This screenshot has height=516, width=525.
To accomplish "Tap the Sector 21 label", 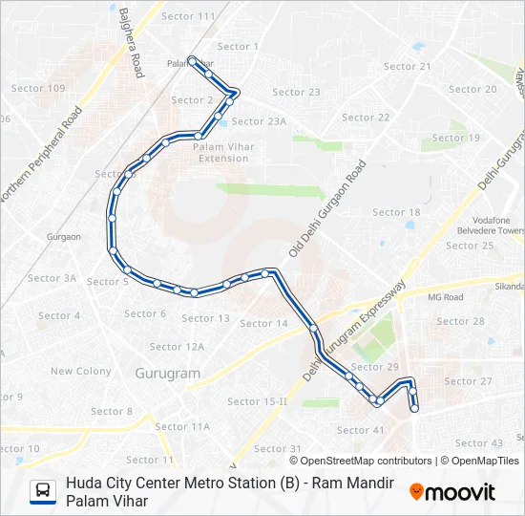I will pyautogui.click(x=407, y=67).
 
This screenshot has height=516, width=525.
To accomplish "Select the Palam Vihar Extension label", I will pyautogui.click(x=221, y=153).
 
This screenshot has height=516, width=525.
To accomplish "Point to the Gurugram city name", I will pyautogui.click(x=167, y=374).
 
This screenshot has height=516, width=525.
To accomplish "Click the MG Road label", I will pyautogui.click(x=445, y=297).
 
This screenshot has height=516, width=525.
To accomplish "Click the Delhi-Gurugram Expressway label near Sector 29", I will pyautogui.click(x=355, y=331).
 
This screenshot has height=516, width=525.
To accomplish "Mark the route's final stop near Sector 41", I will pyautogui.click(x=414, y=409).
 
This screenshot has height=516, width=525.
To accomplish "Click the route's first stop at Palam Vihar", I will pyautogui.click(x=192, y=60).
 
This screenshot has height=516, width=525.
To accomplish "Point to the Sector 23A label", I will pyautogui.click(x=259, y=121).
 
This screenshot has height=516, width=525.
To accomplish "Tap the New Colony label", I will pyautogui.click(x=81, y=372).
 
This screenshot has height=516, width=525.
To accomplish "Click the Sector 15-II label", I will pyautogui.click(x=257, y=401).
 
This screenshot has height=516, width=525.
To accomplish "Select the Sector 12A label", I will pyautogui.click(x=177, y=347).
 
